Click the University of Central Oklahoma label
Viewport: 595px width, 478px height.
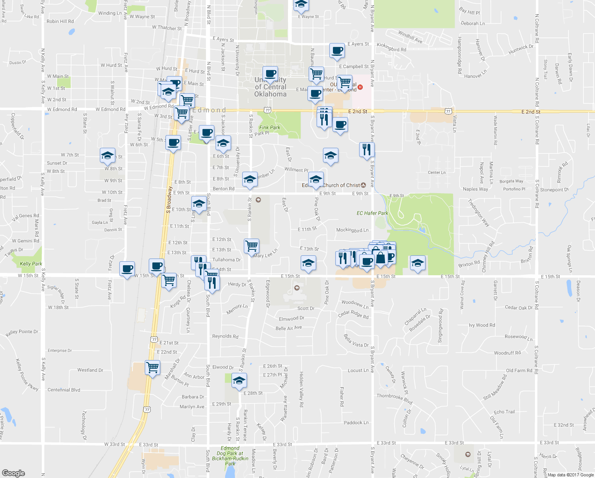(270, 87)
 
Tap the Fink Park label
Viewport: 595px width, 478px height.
(270, 128)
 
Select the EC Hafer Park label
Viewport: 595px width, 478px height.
(372, 213)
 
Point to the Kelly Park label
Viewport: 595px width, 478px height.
(31, 264)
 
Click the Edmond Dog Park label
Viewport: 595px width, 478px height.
(230, 456)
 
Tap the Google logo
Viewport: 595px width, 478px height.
(14, 473)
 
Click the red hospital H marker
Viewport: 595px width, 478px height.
(360, 87)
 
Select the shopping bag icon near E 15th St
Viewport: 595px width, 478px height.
(380, 258)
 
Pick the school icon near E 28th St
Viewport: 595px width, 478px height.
(239, 380)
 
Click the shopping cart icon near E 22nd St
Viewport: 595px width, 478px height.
(152, 367)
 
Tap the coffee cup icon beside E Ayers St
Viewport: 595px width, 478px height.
(337, 51)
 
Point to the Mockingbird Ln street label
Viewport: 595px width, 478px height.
(352, 230)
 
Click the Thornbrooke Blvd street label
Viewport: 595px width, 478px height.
(395, 398)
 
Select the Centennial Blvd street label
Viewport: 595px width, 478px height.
(64, 390)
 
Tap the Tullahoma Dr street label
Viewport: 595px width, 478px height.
(226, 260)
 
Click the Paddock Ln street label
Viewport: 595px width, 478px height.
(356, 423)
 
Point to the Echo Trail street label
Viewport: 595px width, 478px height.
(504, 412)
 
